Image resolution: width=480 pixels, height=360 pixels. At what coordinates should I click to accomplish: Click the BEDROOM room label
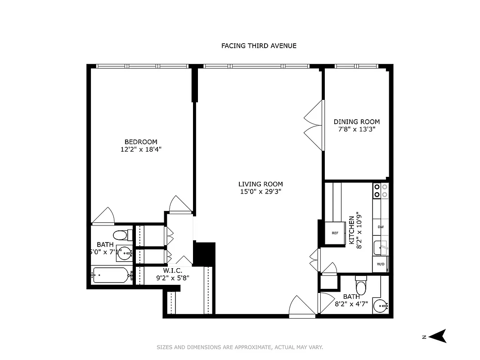click(x=141, y=142)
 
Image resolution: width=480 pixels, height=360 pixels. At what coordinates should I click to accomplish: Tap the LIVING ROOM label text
click(x=260, y=184)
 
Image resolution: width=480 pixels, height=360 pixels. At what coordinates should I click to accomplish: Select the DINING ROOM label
click(x=356, y=122)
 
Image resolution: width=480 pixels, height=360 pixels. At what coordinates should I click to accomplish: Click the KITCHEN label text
click(x=352, y=230)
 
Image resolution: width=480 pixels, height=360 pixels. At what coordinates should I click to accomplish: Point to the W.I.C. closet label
click(x=172, y=271)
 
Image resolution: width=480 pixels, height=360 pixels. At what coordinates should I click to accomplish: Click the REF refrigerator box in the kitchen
click(x=335, y=233)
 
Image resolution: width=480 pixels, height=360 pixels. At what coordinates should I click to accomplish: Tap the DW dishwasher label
click(x=381, y=227)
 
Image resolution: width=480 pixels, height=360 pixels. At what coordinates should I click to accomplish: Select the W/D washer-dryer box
click(x=380, y=264)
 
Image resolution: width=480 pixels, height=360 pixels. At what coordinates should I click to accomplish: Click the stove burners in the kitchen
click(x=381, y=191)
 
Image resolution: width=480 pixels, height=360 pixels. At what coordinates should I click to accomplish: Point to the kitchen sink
click(x=381, y=247)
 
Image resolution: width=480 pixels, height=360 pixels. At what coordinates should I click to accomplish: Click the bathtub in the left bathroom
click(x=111, y=275)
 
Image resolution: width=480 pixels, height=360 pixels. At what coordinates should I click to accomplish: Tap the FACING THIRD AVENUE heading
click(x=259, y=46)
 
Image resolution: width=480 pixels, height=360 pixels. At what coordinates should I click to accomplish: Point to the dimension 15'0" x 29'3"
click(x=260, y=192)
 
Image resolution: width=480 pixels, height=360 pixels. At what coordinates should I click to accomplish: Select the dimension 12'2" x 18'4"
click(x=141, y=150)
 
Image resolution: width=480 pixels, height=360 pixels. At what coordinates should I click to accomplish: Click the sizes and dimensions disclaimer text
click(x=240, y=347)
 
